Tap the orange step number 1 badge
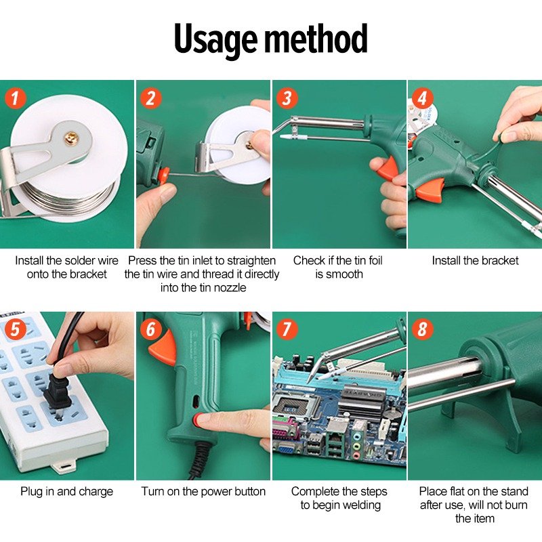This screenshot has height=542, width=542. tap(15, 98)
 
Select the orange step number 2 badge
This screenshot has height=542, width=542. tap(150, 98)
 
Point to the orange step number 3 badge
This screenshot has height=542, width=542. tap(287, 98)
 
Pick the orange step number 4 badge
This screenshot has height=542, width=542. tap(422, 98)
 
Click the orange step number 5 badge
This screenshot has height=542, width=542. tap(15, 329)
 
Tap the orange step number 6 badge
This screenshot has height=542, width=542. tap(150, 329)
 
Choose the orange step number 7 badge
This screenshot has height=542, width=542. tap(287, 329)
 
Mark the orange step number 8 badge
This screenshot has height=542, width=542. tap(422, 329)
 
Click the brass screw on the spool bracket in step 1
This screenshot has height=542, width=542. tap(71, 139)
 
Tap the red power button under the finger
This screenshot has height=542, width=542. tap(198, 419)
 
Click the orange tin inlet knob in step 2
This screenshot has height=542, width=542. tap(163, 175)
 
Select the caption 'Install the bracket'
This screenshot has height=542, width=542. tap(475, 260)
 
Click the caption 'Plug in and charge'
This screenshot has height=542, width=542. tap(66, 491)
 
